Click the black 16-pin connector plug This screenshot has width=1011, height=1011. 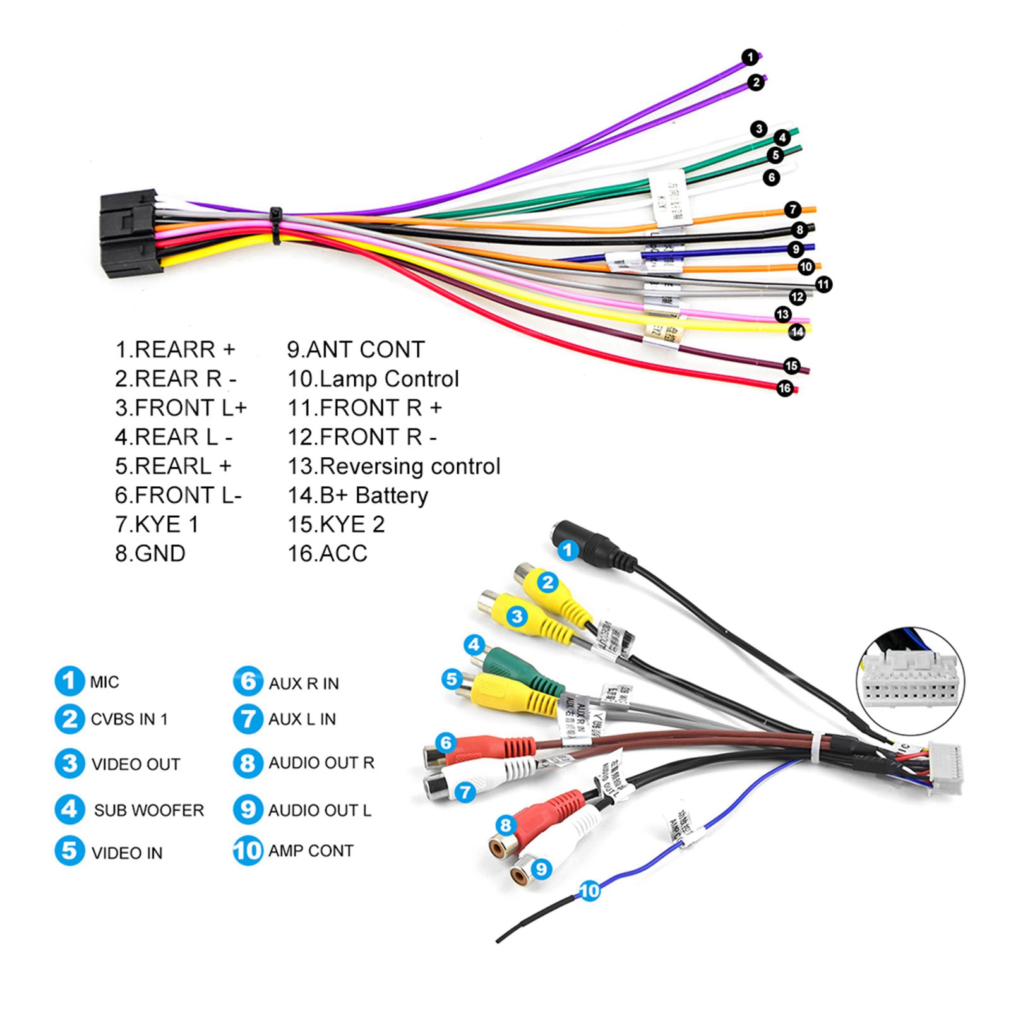pos(129,234)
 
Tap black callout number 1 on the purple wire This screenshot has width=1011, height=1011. pos(750,57)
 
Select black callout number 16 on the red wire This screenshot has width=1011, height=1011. pos(785,388)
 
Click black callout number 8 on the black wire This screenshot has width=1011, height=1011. pos(800,229)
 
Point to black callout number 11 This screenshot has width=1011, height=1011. pos(823,284)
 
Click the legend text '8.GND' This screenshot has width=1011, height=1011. pos(150,553)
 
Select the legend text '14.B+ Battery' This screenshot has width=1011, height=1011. pos(357,495)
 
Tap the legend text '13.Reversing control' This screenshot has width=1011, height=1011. pos(394,466)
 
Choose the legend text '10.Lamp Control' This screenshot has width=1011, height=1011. pos(373,379)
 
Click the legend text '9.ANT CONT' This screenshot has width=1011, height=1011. pos(356,349)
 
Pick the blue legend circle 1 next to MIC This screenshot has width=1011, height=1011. pos(69,681)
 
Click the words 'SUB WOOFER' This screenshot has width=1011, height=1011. pos(149,810)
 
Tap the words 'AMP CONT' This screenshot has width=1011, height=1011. pos(311,851)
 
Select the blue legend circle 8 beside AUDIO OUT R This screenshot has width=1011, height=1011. pos(248,763)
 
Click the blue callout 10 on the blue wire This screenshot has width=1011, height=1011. pos(589,891)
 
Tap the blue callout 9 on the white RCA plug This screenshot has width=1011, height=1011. pos(541,869)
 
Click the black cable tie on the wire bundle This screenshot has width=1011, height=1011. pos(276,225)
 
